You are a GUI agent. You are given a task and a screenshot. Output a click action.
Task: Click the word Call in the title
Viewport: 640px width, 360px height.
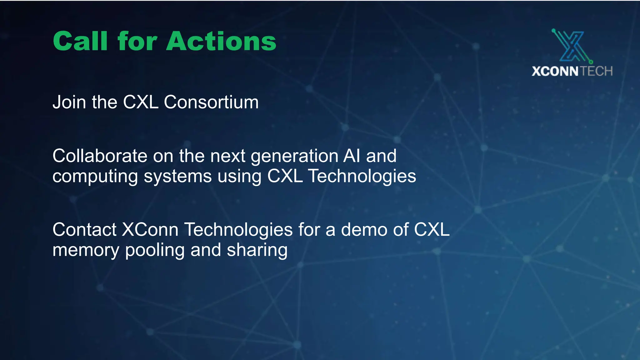[80, 41]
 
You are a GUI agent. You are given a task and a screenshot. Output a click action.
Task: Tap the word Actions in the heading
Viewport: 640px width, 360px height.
[221, 41]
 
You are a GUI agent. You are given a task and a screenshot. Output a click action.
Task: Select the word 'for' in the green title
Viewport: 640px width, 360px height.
[137, 41]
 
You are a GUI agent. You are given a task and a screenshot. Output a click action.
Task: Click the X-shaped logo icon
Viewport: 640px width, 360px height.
[572, 46]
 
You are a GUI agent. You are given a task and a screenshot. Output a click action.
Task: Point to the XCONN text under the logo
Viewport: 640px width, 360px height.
[555, 72]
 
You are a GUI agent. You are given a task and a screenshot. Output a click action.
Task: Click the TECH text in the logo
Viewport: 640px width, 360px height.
[597, 72]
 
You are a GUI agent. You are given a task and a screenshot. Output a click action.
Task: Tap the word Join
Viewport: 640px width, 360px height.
[69, 102]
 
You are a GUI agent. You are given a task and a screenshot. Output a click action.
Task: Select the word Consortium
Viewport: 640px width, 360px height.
[211, 102]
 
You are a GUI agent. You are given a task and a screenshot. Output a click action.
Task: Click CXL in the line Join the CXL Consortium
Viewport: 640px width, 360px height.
[141, 102]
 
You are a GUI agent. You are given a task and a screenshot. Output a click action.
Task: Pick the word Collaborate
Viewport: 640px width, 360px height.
[100, 156]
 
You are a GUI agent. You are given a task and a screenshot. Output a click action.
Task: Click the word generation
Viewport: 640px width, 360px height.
[295, 156]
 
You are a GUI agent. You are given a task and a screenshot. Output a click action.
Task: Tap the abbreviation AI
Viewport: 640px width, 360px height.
[352, 156]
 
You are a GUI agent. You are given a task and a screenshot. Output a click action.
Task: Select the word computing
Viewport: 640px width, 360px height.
[95, 177]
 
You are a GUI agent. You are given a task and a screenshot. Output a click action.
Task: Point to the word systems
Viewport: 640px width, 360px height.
[177, 177]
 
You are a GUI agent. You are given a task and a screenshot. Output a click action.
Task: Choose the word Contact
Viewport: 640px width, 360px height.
[84, 230]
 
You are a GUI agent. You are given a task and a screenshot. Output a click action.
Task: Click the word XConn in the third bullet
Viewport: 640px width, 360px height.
[150, 230]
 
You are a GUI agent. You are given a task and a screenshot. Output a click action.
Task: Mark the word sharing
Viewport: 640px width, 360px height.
[257, 251]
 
